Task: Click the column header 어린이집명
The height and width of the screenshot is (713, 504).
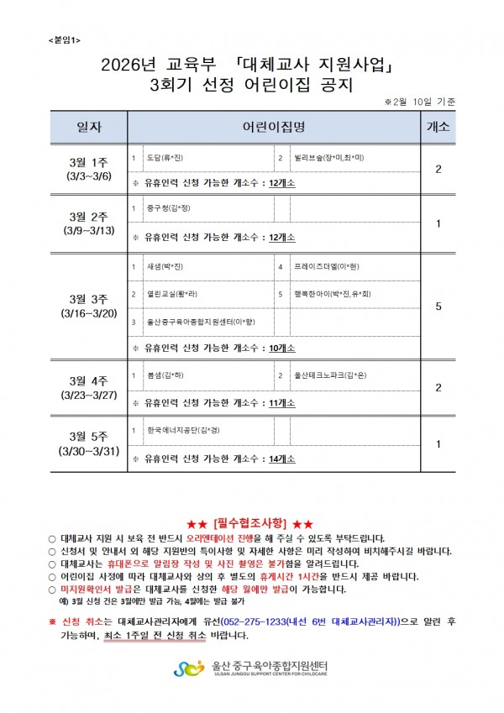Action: (x=273, y=128)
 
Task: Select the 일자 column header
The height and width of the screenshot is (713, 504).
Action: (x=88, y=128)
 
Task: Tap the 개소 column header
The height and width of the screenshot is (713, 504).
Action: (x=438, y=128)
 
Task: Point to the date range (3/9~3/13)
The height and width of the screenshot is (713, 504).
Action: (x=88, y=230)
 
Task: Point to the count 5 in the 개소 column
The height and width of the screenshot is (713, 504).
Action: (x=438, y=307)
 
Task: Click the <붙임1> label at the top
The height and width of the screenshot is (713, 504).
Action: (x=56, y=39)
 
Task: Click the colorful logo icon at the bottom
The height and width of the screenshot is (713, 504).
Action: (x=189, y=669)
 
